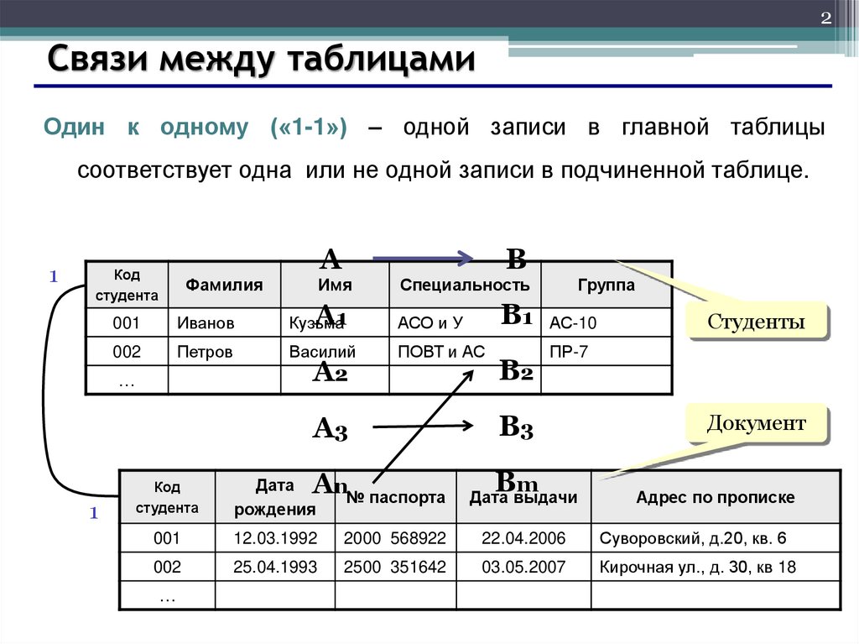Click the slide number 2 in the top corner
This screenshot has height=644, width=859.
pos(825,19)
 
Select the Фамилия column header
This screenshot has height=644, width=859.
pos(224,285)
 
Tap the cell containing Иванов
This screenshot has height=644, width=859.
pos(206,323)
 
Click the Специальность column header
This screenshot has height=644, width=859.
pos(465,285)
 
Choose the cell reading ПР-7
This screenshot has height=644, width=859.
pos(569,352)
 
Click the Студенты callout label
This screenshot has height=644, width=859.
pos(756,322)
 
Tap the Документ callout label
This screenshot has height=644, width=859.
pos(756,423)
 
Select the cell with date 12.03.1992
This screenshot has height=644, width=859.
pos(275,538)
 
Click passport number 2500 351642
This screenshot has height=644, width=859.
pos(395,567)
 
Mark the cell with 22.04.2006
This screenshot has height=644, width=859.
pos(523,538)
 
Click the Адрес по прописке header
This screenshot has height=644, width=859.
pos(716,498)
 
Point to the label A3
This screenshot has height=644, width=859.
pos(330,430)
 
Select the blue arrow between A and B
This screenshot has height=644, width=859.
pos(423,259)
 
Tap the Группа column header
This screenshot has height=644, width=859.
pos(607,285)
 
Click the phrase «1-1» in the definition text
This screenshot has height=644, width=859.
pos(310,128)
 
